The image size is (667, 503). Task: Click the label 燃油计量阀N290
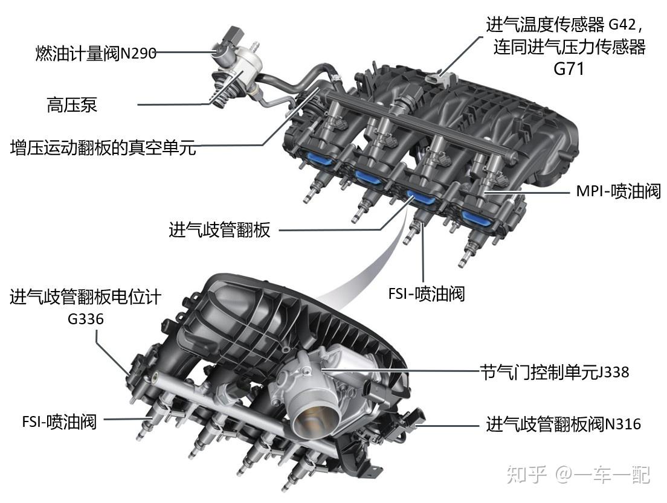click(x=95, y=54)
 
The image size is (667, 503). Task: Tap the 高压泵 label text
click(x=72, y=104)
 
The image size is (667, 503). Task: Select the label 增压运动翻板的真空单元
click(x=103, y=147)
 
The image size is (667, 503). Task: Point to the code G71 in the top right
click(x=569, y=69)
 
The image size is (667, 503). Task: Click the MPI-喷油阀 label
click(x=619, y=191)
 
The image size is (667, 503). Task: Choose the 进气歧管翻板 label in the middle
click(x=219, y=230)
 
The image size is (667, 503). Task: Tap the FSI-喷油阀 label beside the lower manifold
click(x=59, y=422)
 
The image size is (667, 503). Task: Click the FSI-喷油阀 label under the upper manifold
click(x=426, y=293)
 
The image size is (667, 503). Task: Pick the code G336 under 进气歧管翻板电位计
click(x=86, y=319)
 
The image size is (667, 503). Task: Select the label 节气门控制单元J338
click(x=554, y=372)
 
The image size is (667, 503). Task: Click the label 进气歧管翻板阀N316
click(x=563, y=423)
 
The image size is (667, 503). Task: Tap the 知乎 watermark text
click(x=526, y=475)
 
